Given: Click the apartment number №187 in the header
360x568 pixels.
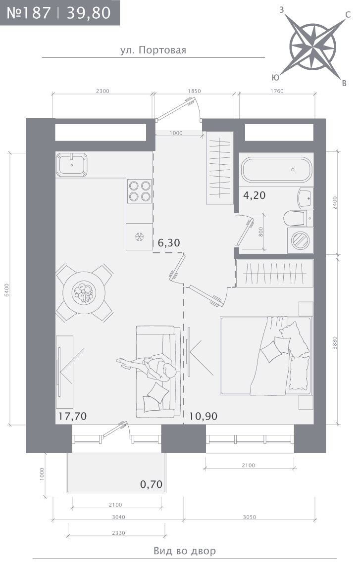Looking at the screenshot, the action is coord(29,13).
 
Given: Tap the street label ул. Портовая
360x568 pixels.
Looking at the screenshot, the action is coord(153,50).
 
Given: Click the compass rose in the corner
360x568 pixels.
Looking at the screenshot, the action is coord(313,47).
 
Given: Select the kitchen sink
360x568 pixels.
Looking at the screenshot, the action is coord(72,165).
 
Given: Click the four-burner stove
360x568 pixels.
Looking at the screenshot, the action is coord(140,191).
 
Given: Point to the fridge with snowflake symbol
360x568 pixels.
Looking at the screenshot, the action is coord(139,237).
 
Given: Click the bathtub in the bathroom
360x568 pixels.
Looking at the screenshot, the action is coord(276,170).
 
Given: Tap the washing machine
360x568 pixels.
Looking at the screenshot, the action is coord(301,240).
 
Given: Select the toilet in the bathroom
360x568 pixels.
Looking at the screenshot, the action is coord(298,218).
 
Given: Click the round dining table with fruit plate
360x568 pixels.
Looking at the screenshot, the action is coord(84,293).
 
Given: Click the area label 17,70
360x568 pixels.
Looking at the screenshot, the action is coord(72,416).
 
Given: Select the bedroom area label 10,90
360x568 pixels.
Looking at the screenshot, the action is coord(203,416).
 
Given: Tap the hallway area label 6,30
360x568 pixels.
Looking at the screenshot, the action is coord(169,242).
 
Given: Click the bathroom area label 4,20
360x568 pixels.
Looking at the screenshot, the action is coord(254,195).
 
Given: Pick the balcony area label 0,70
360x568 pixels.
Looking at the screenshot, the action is coord(151,484).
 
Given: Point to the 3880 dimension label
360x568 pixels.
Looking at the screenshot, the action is coord(335,343).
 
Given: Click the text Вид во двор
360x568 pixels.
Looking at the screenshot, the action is coord(185,551).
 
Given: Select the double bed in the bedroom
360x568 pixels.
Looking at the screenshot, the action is coord(266,356).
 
